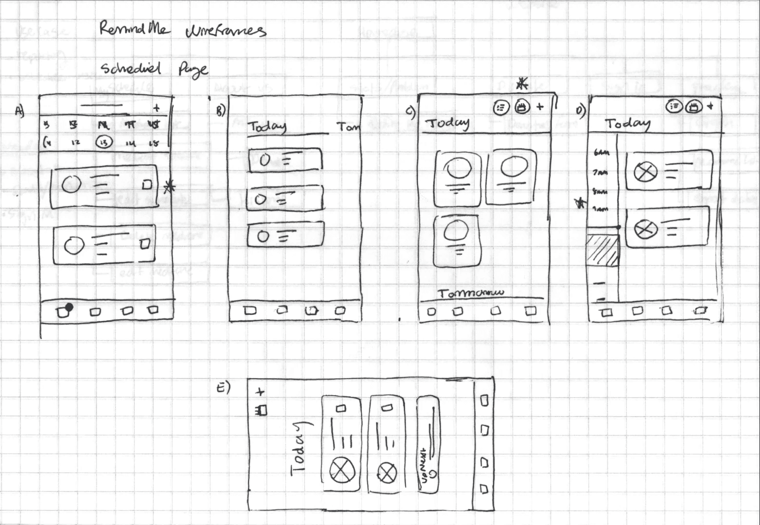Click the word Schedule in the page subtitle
pos(130,69)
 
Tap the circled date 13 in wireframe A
pos(104,142)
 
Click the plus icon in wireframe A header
pos(156,108)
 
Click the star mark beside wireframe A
pos(169,186)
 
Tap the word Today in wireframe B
pos(267,126)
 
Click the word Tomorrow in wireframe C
pos(471,293)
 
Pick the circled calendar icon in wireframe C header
pos(522,107)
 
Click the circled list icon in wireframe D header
pos(674,105)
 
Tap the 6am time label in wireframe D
pos(601,153)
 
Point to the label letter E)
pos(223,387)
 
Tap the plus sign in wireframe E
pos(260,391)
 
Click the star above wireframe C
pos(522,84)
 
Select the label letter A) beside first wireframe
pos(19,111)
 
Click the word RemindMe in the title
pos(134,29)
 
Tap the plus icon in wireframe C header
pos(540,107)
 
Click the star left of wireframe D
pos(581,203)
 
